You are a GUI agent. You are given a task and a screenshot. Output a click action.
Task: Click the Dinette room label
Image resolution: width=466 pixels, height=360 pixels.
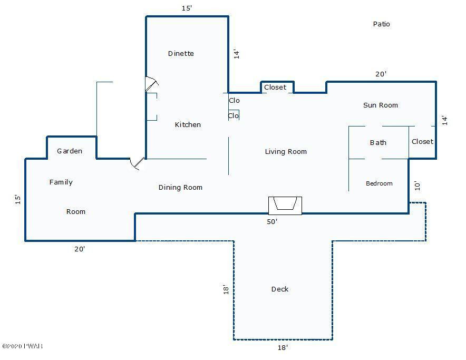pos(181,54)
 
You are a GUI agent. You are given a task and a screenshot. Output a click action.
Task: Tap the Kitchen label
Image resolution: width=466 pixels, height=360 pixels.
pos(188,124)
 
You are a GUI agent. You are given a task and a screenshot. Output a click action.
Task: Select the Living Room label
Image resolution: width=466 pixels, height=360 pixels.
pos(286,152)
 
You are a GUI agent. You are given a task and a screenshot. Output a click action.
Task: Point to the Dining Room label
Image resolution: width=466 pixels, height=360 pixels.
pos(180,187)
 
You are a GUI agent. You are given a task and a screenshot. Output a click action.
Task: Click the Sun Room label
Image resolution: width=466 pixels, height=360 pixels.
pos(381,105)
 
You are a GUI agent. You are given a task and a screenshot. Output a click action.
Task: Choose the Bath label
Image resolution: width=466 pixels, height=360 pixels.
pos(378,143)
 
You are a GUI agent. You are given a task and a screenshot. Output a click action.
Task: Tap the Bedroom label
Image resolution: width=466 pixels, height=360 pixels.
pos(379,183)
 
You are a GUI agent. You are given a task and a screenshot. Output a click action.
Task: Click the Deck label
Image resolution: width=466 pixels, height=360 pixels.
pos(280,289)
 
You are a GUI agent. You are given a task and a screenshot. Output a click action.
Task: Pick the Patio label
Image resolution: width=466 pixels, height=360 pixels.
pos(381,24)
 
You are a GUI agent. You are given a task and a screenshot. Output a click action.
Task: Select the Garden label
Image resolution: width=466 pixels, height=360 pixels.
pos(70,151)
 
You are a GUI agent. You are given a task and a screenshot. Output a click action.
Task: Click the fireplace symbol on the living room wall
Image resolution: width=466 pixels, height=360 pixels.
pos(285,206)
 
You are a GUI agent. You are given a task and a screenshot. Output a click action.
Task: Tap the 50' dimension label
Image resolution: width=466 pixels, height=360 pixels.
pos(272,221)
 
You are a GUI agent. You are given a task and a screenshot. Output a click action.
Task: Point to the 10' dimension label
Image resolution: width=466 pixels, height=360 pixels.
pos(418,186)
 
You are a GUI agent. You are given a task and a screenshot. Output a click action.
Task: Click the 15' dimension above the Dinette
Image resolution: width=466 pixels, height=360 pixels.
pos(187,8)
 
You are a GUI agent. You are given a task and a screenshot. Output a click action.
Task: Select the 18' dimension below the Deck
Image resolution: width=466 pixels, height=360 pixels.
pos(283,347)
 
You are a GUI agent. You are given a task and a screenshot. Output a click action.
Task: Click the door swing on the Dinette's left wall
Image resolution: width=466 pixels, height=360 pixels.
pos(152,84)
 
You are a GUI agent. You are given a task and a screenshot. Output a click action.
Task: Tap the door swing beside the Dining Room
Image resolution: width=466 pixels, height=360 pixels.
pos(137,163)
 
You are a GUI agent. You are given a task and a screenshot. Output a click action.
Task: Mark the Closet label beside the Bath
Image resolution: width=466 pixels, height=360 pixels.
pos(422,141)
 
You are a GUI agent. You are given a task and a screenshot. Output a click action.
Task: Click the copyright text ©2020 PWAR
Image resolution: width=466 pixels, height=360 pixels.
pos(22,346)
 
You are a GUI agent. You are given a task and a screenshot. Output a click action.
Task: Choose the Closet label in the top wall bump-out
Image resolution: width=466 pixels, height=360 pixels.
pos(275,87)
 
